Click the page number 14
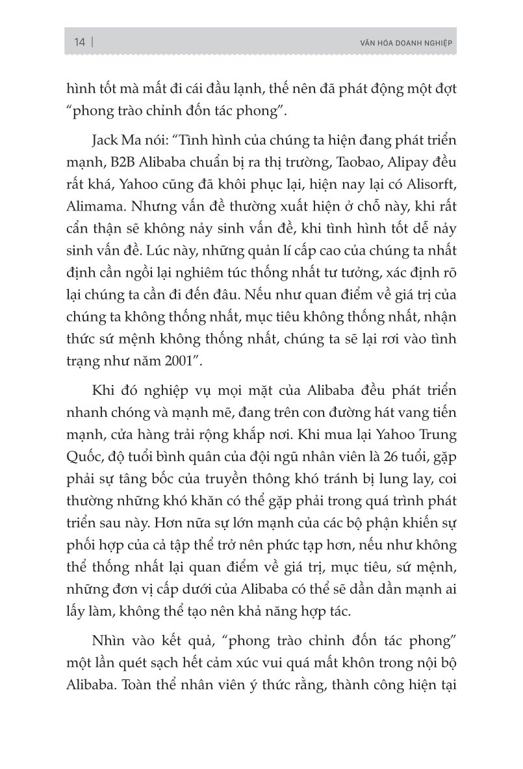pos(80,43)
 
